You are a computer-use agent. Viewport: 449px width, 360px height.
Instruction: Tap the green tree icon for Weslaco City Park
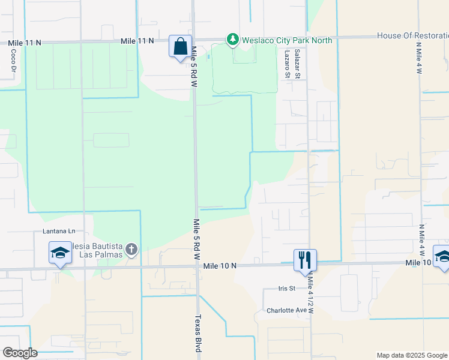coord(232,40)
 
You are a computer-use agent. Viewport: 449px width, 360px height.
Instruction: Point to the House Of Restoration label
coord(412,35)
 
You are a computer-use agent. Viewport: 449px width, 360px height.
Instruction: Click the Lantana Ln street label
coord(59,230)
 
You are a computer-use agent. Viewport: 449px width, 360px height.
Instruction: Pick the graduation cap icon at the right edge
coord(442,256)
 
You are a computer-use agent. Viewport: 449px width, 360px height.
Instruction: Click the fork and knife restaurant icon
coord(304,259)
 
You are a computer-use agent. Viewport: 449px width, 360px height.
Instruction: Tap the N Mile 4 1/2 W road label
coord(311,294)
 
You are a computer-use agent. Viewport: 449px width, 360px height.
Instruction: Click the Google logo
coord(20,353)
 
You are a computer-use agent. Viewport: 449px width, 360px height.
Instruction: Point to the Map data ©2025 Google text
coord(412,355)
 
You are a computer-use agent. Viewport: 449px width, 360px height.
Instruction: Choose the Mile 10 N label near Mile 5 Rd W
coord(220,265)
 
